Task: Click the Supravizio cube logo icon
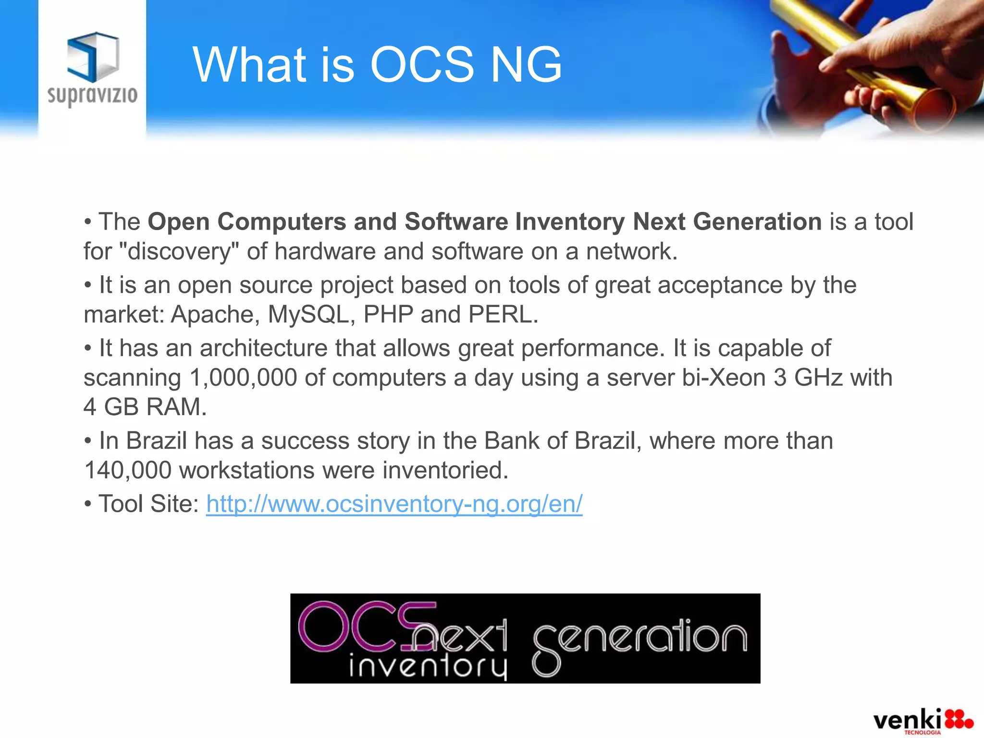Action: [93, 57]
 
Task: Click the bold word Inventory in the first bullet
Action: [570, 222]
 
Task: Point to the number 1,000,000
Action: [243, 378]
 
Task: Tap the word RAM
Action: [176, 407]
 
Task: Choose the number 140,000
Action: [128, 470]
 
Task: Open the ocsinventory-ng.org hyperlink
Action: [394, 504]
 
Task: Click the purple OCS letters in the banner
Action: [365, 626]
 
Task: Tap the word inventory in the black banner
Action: [428, 665]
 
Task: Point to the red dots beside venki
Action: [958, 720]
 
